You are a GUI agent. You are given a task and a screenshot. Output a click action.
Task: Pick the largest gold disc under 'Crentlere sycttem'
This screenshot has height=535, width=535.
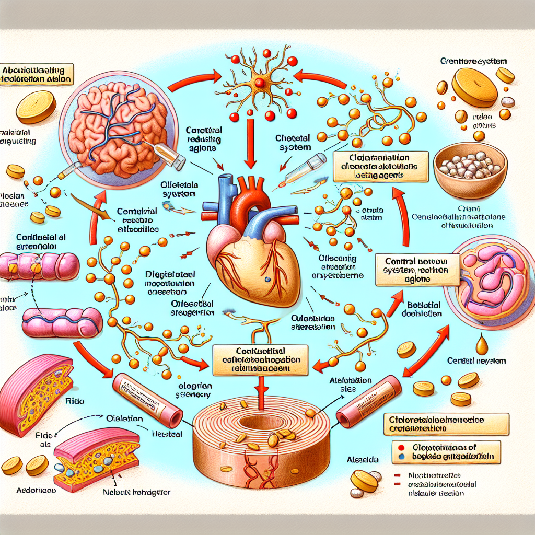click(474, 84)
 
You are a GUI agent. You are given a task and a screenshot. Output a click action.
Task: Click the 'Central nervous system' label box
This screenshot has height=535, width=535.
click(417, 269)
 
